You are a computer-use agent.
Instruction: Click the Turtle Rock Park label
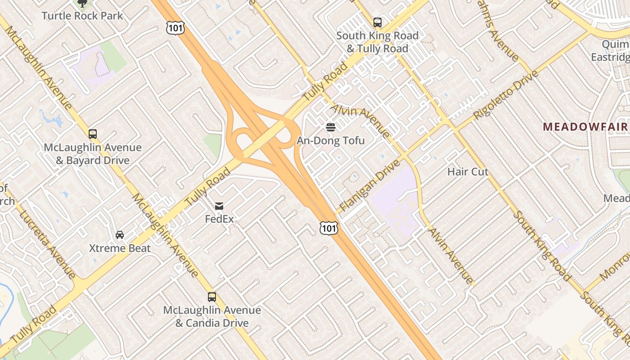click(x=82, y=16)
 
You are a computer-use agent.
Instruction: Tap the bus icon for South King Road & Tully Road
click(x=378, y=22)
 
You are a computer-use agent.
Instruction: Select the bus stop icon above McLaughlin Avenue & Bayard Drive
click(x=93, y=134)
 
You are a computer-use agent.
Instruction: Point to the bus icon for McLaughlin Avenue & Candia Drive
click(x=212, y=297)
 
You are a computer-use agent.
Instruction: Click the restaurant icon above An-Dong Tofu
click(x=331, y=127)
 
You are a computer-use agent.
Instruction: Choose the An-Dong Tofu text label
click(x=331, y=140)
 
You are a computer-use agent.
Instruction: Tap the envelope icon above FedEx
click(x=219, y=206)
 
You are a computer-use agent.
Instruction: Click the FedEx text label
click(x=219, y=219)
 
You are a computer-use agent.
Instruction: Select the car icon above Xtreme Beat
click(x=120, y=235)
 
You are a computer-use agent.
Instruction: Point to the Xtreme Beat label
click(x=120, y=248)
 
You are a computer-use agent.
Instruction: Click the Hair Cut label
click(x=468, y=171)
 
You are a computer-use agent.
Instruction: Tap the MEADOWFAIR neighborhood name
click(x=585, y=127)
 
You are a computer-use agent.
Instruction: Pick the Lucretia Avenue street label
click(x=48, y=243)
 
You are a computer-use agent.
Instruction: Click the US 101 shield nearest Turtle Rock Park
click(x=173, y=27)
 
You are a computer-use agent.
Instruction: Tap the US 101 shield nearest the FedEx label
click(x=328, y=228)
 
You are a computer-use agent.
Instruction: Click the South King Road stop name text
click(x=378, y=36)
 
